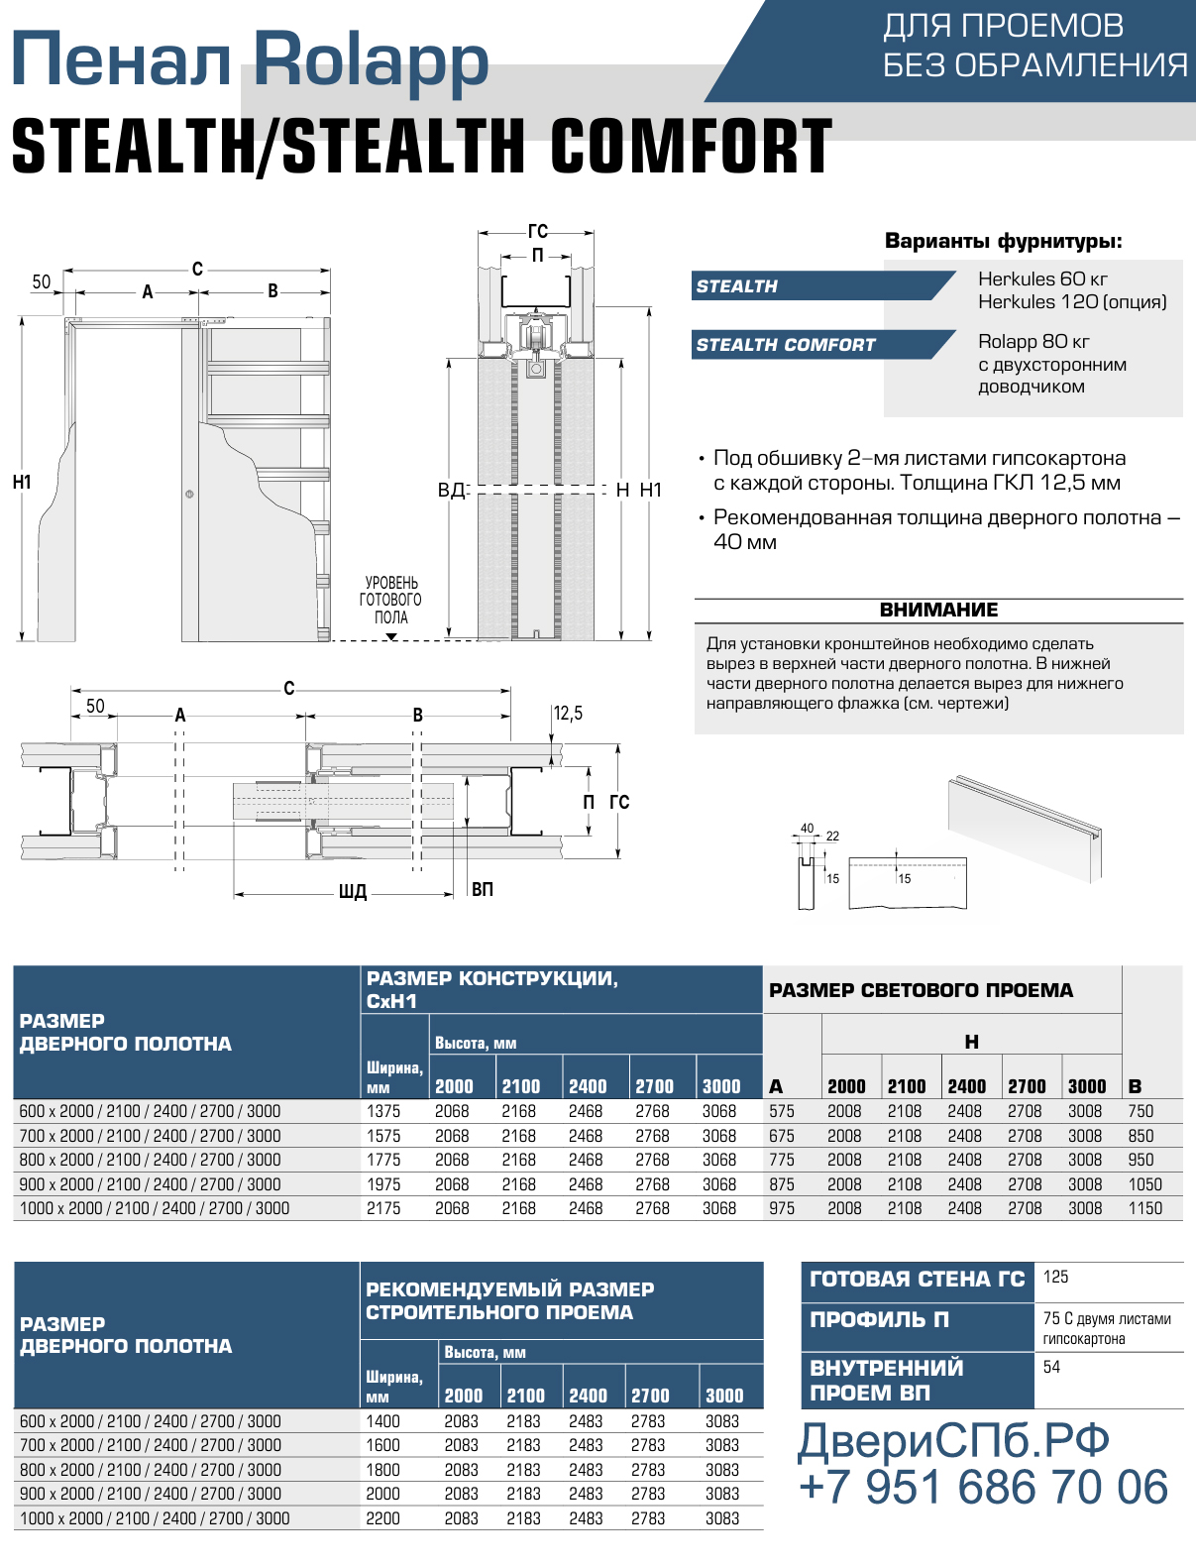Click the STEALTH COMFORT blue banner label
tap(785, 345)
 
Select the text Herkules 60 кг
tap(1042, 279)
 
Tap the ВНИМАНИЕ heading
tap(938, 610)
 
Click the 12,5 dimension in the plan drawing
tap(568, 714)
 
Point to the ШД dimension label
tap(353, 892)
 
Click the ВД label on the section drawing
tap(452, 491)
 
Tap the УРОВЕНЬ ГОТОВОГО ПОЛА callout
tap(390, 600)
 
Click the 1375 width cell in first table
tap(382, 1111)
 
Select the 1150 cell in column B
tap(1144, 1208)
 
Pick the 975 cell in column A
tap(782, 1208)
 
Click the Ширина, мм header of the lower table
tap(394, 1387)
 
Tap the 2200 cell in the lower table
tap(382, 1518)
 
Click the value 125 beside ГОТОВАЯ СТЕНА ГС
tap(1055, 1277)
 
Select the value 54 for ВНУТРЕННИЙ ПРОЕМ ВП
tap(1051, 1367)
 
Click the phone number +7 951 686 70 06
tap(984, 1488)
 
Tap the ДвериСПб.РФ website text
tap(953, 1441)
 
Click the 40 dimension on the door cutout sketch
tap(807, 829)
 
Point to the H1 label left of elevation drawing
tap(22, 483)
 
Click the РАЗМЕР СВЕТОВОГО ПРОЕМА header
tap(921, 990)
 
